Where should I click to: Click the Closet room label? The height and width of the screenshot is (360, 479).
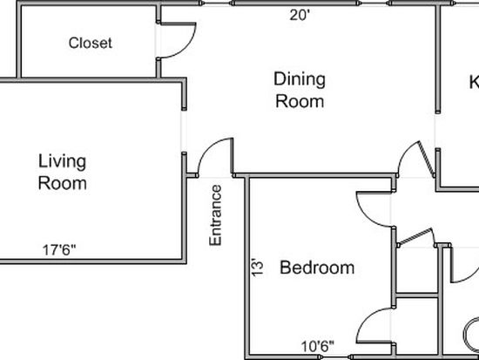coord(91,43)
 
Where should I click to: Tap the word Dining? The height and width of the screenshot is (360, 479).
coord(300,79)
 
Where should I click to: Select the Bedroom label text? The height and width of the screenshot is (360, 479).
coord(317,268)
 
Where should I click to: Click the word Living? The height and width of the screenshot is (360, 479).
coord(62,161)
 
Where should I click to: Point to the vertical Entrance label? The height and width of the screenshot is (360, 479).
coord(215,215)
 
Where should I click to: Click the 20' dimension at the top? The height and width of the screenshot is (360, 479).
coord(300,15)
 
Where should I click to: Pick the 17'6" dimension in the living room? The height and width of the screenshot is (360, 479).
coord(59,250)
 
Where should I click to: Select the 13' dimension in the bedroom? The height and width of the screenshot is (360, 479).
coord(257,268)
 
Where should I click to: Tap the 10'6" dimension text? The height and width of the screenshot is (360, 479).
coord(318,347)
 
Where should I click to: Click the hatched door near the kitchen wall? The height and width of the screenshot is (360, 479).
coord(426,159)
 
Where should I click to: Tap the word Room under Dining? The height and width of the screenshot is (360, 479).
coord(300,101)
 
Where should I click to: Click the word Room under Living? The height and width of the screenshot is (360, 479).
coord(63,183)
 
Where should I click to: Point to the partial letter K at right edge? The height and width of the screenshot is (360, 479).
coord(474,82)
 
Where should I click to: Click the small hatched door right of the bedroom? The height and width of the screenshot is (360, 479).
coord(416,236)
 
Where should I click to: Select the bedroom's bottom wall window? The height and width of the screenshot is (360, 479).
coord(335,357)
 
